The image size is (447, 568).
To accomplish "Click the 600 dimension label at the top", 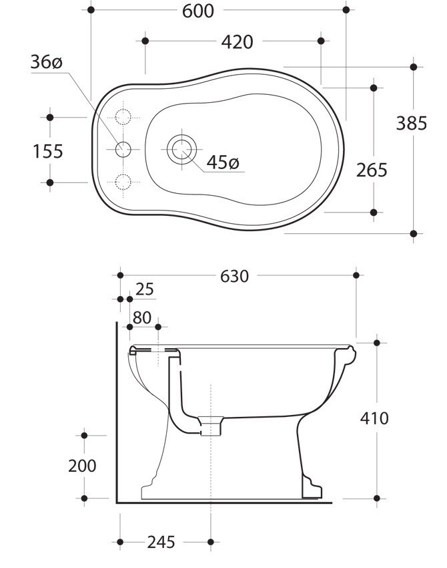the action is click(198, 11).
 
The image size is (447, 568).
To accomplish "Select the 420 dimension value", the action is click(237, 42).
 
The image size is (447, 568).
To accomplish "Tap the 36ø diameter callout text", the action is click(46, 62).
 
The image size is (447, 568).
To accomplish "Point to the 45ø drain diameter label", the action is click(223, 162).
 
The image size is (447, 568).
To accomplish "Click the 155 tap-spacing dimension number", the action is click(48, 151).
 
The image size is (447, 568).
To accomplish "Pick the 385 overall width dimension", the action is click(411, 123).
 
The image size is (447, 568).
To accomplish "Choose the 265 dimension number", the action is click(372, 170).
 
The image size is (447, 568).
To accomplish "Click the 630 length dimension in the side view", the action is click(234, 277).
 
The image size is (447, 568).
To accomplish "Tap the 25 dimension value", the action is click(145, 289).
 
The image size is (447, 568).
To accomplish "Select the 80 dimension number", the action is click(142, 318).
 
